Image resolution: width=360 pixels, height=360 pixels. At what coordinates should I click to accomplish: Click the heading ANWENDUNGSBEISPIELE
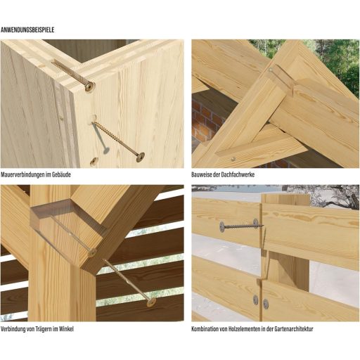(27, 30)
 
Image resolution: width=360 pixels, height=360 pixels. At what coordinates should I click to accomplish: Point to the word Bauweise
(200, 174)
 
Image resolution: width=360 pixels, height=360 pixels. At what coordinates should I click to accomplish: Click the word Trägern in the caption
(44, 329)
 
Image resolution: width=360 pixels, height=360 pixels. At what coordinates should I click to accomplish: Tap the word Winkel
(66, 329)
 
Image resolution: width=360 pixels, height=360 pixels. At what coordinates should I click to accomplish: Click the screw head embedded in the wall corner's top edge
(89, 87)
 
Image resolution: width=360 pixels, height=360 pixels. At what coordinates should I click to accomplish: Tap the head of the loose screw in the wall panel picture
(141, 157)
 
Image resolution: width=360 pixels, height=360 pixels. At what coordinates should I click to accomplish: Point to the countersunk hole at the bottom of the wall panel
(94, 161)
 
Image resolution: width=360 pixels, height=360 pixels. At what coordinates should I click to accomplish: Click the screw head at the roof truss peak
(271, 70)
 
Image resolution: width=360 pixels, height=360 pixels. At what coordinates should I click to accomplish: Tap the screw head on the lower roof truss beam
(233, 159)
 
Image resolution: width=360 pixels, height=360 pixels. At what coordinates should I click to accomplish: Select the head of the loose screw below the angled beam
(151, 302)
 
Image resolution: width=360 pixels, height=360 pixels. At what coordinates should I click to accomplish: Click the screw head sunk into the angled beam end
(92, 252)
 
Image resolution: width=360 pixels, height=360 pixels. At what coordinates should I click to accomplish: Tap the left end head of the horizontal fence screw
(221, 226)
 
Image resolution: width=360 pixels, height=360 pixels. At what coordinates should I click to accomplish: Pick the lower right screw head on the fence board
(266, 304)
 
